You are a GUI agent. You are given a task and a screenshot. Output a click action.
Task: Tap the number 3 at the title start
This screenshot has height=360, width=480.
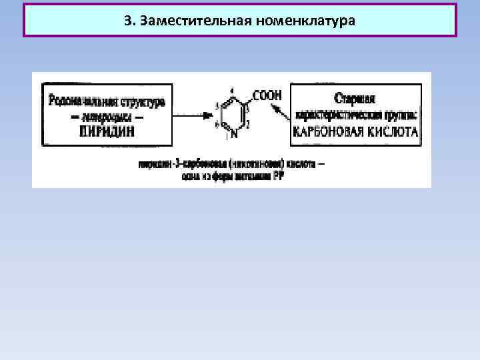coord(127,19)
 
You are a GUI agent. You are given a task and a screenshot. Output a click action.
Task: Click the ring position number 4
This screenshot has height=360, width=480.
coord(231,91)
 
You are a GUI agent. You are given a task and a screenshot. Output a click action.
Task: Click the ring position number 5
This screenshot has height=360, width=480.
coord(218,106)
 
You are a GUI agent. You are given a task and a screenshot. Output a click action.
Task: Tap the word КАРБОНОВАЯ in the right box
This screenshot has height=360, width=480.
coord(329,132)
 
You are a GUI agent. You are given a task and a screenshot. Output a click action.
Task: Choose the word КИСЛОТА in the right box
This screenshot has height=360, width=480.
coord(393,132)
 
